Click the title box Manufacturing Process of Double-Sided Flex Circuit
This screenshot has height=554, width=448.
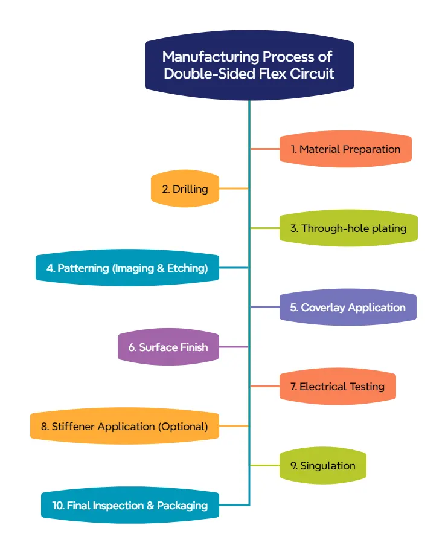pos(249,65)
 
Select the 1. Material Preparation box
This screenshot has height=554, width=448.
pos(345,149)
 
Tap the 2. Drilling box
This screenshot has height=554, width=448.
pos(185,188)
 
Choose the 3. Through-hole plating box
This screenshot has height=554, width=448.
pos(348,228)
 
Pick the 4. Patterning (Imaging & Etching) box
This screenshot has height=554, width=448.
pos(127,268)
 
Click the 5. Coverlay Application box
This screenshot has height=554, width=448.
pos(348,308)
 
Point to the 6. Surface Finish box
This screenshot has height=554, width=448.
pos(168,347)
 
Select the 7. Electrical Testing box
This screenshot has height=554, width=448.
pos(338,387)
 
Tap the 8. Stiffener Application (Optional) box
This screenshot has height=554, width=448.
pos(124,427)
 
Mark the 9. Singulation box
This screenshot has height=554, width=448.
pos(323,466)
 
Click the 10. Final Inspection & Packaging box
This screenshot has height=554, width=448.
pos(130,506)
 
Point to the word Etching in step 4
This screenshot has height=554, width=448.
pos(188,268)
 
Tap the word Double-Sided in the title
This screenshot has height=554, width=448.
pos(200,74)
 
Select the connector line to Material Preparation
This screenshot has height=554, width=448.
pos(265,149)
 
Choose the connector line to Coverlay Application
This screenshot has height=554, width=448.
pos(265,308)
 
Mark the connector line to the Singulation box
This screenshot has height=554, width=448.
pos(265,466)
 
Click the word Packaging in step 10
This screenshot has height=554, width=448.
pos(182,506)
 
